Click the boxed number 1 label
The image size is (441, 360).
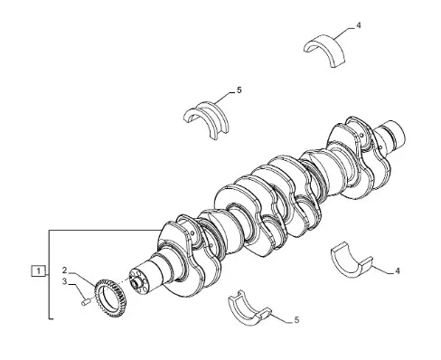tap(38, 271)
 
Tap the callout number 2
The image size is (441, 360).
tap(64, 270)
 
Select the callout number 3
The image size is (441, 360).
tap(64, 281)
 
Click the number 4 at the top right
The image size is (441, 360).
tap(358, 25)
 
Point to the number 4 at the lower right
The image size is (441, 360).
tap(398, 271)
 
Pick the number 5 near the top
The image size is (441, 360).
tap(239, 90)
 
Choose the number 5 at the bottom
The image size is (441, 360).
tap(296, 320)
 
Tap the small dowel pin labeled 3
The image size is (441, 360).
tap(86, 301)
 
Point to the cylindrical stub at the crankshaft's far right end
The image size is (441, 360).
tap(390, 136)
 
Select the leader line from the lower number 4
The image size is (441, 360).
tap(383, 270)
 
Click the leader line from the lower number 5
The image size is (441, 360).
tap(282, 318)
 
